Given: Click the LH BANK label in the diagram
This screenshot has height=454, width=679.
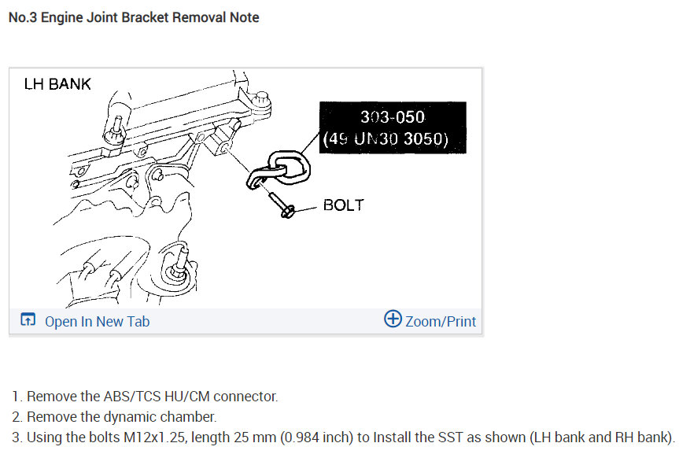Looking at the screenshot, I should (x=58, y=83).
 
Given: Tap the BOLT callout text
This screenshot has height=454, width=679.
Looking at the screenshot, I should (x=344, y=205).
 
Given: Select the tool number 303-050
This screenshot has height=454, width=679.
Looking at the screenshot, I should (x=392, y=117).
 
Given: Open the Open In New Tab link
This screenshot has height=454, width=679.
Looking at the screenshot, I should (x=97, y=321).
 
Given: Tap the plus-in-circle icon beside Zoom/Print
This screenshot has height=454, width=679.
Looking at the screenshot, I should (x=393, y=319).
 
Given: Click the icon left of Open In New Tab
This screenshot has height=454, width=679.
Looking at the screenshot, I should (x=28, y=320).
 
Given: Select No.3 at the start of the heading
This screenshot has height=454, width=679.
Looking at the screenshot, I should (x=22, y=17).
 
